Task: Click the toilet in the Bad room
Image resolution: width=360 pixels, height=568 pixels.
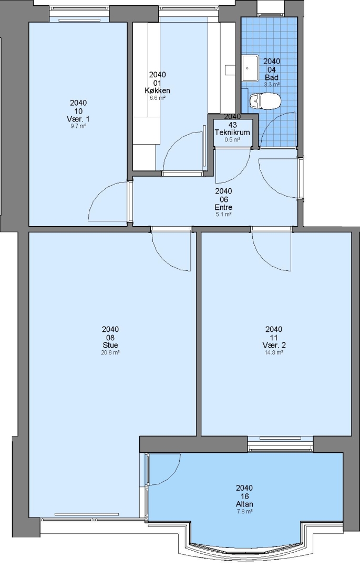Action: (265, 100)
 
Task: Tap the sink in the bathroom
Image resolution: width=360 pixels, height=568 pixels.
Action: (250, 68)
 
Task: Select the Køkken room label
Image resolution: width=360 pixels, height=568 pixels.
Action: (157, 90)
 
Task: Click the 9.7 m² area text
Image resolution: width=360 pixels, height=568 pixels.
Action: (78, 126)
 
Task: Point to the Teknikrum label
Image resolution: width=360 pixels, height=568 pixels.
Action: (232, 132)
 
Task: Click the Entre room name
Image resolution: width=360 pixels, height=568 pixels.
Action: (223, 207)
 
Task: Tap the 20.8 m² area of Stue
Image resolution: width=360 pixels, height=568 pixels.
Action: (110, 352)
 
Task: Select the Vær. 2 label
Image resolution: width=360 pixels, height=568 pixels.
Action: (274, 345)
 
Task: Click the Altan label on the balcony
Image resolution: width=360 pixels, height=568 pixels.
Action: (244, 504)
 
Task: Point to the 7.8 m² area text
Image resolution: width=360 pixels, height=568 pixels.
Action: (244, 511)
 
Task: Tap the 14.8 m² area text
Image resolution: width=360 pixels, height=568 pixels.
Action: (274, 352)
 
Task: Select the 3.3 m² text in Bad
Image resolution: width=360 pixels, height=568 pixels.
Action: (272, 84)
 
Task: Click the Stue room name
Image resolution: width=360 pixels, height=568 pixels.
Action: (110, 345)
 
